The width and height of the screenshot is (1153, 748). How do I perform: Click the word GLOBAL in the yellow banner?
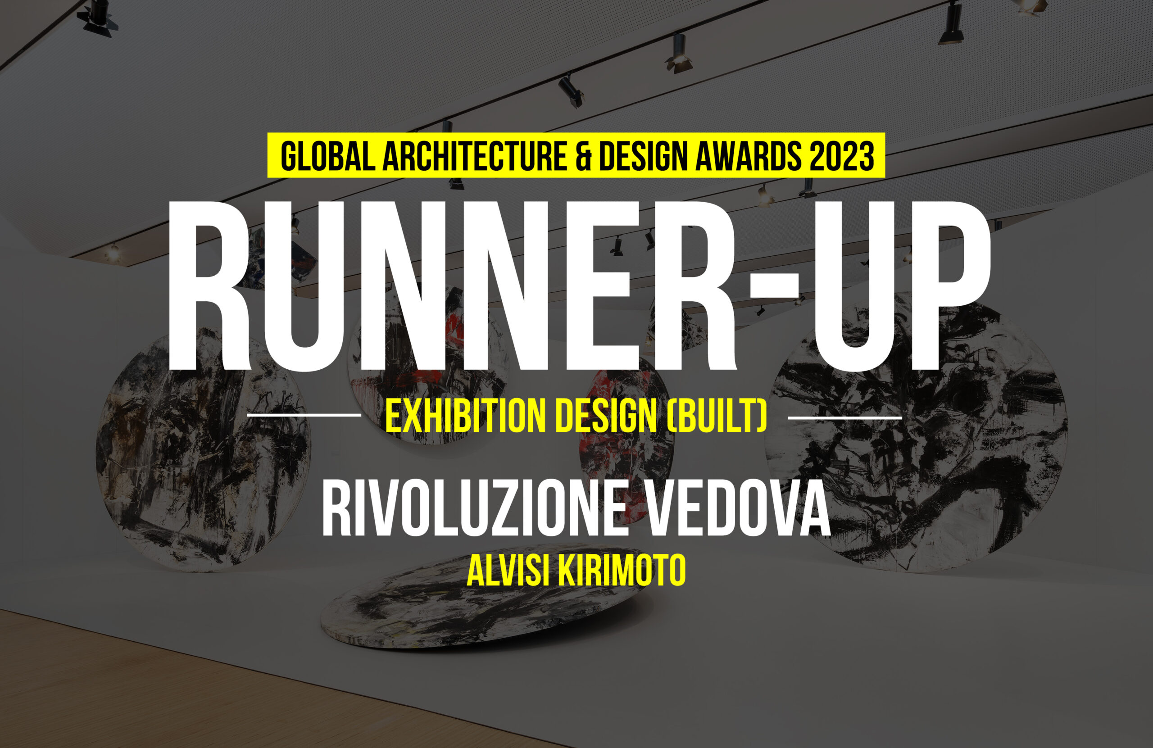coord(328,156)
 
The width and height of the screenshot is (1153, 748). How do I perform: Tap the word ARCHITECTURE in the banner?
coord(475,156)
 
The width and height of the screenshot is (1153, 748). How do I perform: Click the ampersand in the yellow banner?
coord(583,156)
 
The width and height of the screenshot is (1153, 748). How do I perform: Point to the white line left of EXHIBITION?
coord(304,415)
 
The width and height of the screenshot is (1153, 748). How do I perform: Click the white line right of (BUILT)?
coord(845,417)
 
